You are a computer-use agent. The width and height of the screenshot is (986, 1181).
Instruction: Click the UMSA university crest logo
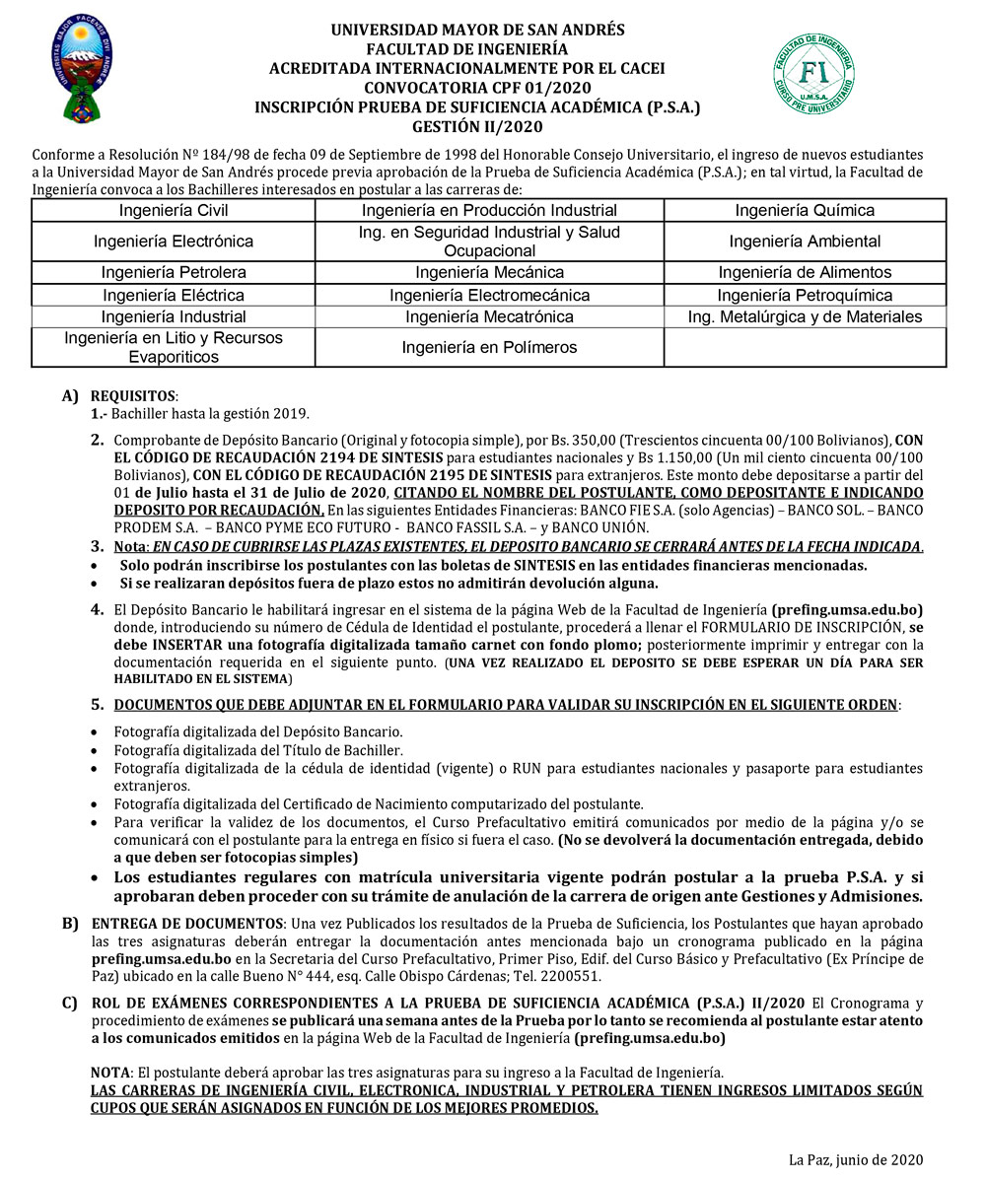point(82,67)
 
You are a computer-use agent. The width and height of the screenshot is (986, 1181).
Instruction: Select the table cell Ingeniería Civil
point(174,210)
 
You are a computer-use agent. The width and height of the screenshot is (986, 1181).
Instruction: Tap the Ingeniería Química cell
point(805,210)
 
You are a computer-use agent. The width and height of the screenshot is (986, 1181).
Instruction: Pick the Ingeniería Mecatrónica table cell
point(489,316)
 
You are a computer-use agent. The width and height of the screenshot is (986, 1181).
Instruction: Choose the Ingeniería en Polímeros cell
point(489,347)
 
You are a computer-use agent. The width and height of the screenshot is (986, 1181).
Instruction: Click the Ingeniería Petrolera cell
point(174,272)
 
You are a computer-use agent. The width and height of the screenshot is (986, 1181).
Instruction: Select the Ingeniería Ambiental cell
point(805,241)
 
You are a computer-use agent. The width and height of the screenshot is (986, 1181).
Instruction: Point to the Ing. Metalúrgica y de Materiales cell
point(805,316)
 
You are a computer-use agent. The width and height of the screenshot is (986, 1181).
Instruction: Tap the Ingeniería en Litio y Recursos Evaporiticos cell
point(174,347)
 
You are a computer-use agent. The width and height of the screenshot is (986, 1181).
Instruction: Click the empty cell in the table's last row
point(805,347)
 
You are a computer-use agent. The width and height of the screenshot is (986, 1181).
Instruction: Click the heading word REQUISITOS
point(134,395)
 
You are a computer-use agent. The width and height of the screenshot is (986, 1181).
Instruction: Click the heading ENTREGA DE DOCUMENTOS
point(186,924)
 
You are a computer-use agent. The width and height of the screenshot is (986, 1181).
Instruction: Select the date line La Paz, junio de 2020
point(855,1159)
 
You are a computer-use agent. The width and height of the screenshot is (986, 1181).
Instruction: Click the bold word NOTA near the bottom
point(109,1072)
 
